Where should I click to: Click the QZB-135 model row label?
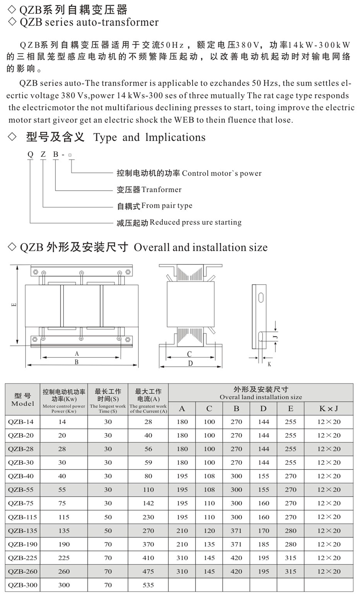click(22, 531)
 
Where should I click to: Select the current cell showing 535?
click(148, 585)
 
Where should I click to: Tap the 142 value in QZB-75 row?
click(148, 503)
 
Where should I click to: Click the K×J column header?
click(328, 409)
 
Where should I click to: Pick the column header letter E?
click(291, 409)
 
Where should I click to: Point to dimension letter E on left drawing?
click(14, 305)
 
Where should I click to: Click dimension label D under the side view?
click(190, 363)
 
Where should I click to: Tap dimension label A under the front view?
click(77, 354)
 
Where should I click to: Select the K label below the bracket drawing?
click(269, 364)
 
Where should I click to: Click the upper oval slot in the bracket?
click(261, 298)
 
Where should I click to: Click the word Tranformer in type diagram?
click(161, 190)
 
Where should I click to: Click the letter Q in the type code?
click(30, 154)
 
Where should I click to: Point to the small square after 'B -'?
click(70, 155)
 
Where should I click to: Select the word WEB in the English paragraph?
click(184, 120)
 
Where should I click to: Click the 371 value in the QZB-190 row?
click(236, 544)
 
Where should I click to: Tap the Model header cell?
click(23, 400)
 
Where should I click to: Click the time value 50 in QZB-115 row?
click(108, 517)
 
